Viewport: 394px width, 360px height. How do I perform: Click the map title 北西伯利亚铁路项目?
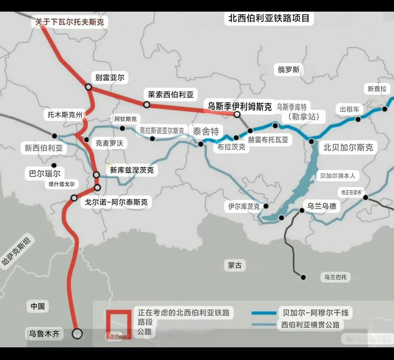269,18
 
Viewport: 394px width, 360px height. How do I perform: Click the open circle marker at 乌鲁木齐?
77,333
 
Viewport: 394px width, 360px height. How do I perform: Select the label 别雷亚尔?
110,78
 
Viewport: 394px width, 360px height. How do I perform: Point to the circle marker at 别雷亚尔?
88,87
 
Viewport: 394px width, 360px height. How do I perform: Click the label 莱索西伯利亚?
171,95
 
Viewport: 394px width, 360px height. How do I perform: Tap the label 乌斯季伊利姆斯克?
239,106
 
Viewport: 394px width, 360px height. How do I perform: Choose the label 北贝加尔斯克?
348,147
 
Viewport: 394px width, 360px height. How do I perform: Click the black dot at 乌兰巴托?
303,277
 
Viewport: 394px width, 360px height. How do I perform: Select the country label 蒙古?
235,265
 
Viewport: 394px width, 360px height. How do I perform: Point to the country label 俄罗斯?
289,70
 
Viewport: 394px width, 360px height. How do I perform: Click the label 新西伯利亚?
44,148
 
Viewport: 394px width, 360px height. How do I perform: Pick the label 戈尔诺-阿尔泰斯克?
116,202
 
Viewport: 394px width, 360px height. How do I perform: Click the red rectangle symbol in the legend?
119,324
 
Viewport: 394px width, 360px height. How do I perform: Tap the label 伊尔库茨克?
244,207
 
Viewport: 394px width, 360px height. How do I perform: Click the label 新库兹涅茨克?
132,170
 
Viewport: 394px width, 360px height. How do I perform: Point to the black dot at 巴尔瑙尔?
54,165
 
